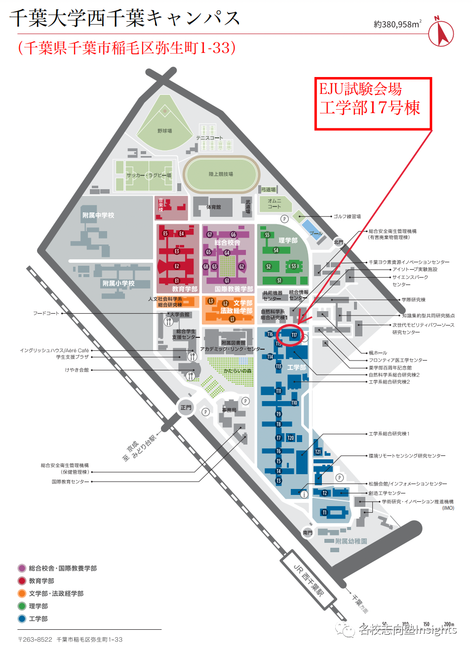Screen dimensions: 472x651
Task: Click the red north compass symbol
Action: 440,34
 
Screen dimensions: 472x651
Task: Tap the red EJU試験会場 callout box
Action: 373,103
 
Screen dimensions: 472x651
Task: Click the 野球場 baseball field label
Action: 164,131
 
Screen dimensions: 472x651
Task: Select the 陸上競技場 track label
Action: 221,174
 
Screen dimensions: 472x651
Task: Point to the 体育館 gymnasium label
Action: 213,207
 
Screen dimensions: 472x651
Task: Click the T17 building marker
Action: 294,335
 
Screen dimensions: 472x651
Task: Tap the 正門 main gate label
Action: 186,407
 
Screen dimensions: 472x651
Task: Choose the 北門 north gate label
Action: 338,242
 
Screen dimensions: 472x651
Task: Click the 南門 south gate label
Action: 308,532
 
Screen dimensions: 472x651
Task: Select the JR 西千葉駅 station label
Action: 309,580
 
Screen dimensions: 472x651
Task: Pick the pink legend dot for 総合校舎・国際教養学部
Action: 22,568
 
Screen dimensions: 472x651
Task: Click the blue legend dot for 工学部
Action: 22,618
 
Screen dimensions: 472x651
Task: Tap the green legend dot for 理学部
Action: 22,606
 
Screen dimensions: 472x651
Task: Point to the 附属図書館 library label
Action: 233,343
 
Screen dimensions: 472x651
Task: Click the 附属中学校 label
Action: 98,215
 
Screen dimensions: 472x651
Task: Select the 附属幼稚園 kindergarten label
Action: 351,541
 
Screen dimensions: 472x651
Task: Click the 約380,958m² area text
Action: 397,24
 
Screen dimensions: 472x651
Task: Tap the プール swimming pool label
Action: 315,233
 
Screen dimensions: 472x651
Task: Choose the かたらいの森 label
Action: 237,371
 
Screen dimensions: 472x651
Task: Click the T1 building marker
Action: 324,513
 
